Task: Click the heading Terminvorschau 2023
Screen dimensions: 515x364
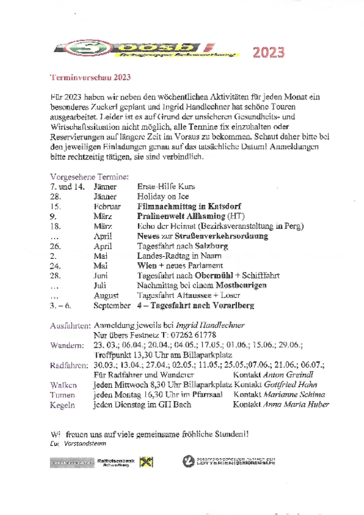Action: pos(90,77)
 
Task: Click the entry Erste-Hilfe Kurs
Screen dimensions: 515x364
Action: pos(166,187)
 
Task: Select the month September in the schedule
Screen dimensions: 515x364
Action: pos(112,306)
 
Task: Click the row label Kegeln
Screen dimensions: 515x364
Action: pos(63,405)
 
